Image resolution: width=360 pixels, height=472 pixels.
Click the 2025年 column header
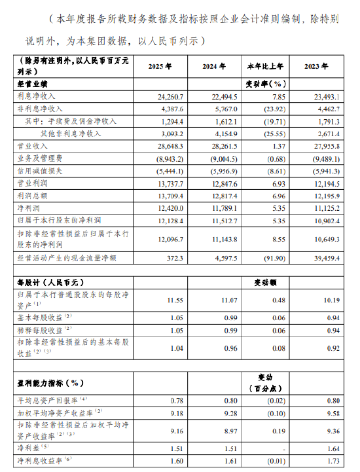(160, 67)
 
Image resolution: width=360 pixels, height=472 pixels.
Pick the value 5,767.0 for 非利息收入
(213, 109)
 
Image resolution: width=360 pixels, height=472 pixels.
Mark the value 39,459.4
(321, 259)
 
